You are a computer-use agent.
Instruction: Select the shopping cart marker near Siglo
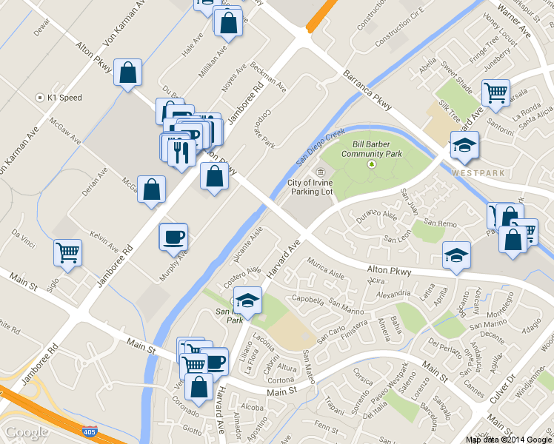pos(67,253)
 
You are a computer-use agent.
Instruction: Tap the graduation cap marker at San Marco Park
pos(247,300)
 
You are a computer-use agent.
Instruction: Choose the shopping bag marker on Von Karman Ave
pos(127,73)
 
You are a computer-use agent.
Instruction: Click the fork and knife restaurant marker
pos(181,152)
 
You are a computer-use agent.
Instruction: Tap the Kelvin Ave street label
pos(104,239)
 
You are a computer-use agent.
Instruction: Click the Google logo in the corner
pos(27,431)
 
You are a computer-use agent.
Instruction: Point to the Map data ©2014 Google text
pos(508,439)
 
